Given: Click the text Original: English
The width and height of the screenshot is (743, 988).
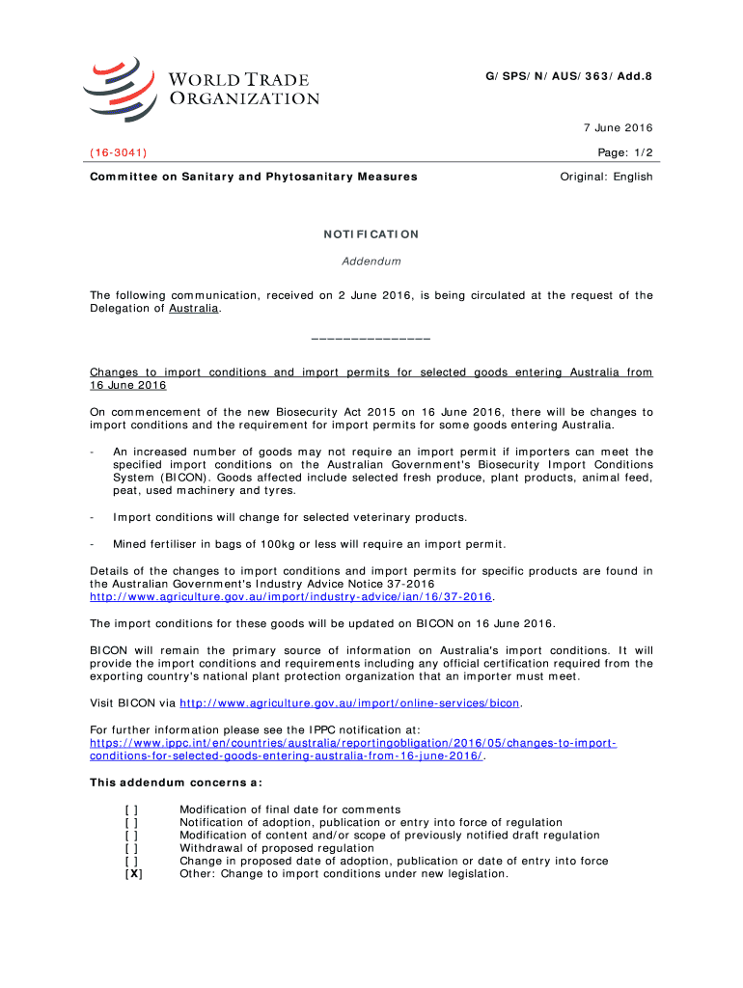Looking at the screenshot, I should tap(607, 177).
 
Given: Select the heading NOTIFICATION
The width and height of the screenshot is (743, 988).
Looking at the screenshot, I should tap(371, 234).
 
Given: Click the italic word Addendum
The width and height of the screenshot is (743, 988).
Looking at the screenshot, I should tap(371, 261).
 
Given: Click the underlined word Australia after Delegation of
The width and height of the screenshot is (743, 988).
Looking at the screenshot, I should tap(194, 309).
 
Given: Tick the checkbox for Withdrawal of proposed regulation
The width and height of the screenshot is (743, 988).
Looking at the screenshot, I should tap(131, 848).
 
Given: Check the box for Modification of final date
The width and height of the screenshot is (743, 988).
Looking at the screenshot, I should tap(131, 809).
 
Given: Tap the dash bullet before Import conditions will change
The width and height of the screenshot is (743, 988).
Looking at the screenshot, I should tap(91, 517).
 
